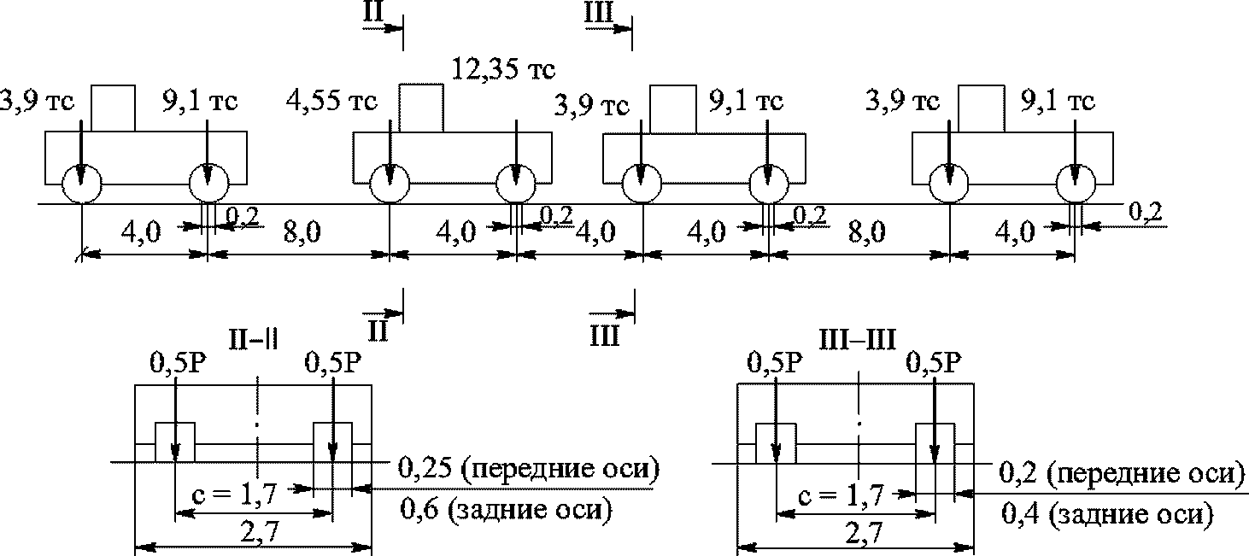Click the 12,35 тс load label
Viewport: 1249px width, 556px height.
tap(503, 69)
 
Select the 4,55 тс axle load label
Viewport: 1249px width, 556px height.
tap(331, 101)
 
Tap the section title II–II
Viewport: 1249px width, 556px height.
tap(253, 339)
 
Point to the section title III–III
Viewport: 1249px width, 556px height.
tap(858, 339)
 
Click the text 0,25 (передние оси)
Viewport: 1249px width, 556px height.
tap(529, 468)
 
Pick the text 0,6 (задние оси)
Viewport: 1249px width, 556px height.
tap(507, 509)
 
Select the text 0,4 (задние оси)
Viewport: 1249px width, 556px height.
tap(1107, 513)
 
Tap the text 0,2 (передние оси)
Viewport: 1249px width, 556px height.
tap(1122, 473)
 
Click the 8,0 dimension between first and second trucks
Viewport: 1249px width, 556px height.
tap(302, 231)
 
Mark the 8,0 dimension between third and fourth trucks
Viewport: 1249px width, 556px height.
tap(866, 231)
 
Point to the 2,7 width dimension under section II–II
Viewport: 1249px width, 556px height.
tap(259, 534)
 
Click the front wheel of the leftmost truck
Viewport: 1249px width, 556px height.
tap(81, 183)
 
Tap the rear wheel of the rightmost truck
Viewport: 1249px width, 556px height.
tap(1076, 183)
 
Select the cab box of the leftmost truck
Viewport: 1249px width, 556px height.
tap(113, 108)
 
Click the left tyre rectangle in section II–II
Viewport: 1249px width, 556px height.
tap(175, 442)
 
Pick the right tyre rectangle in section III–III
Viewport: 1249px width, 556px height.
tap(935, 442)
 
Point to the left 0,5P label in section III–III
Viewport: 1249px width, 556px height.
tap(775, 362)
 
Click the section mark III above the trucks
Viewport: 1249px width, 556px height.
tap(599, 12)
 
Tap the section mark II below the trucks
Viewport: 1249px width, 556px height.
tap(378, 331)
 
